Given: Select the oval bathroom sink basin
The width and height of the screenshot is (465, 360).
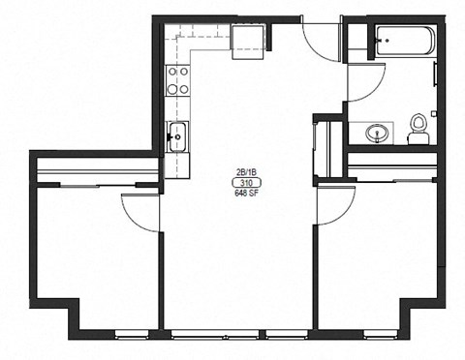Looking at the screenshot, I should point(376,133).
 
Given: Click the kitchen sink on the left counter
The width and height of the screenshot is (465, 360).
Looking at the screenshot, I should point(177,137).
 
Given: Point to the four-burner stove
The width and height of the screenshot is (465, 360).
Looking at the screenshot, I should point(177,79).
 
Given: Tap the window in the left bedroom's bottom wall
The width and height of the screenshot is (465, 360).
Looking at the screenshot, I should point(132,336).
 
